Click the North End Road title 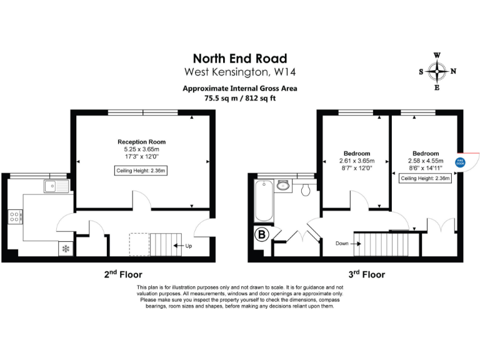coord(239,58)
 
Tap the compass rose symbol coord(437,71)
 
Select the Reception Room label coord(142,142)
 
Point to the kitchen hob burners coord(14,217)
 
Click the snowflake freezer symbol coord(66,249)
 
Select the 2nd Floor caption coord(123,274)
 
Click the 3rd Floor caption coord(366,274)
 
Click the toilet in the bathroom coord(306,189)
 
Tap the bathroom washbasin coord(284,185)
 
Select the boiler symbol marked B coord(261,236)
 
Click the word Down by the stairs coord(341,243)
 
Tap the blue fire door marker coord(460,162)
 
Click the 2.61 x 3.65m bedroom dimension coord(356,161)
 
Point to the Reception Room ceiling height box coord(142,171)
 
